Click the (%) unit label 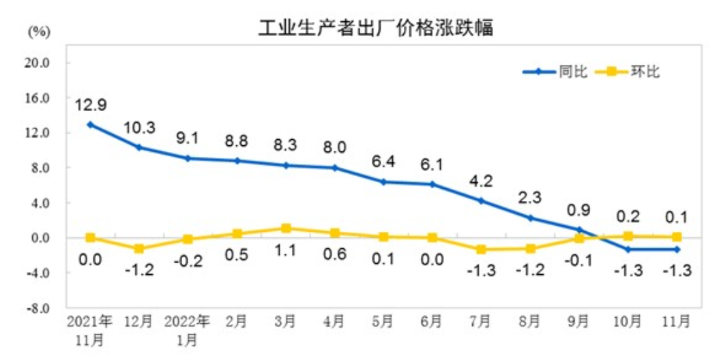click(x=38, y=31)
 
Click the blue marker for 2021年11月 click(x=90, y=124)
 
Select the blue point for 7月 click(x=481, y=200)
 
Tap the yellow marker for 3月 click(x=286, y=228)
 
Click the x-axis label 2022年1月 click(x=188, y=329)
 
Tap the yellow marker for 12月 click(x=139, y=249)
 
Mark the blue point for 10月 click(x=628, y=250)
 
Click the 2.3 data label click(x=530, y=198)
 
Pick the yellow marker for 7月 click(x=481, y=250)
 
